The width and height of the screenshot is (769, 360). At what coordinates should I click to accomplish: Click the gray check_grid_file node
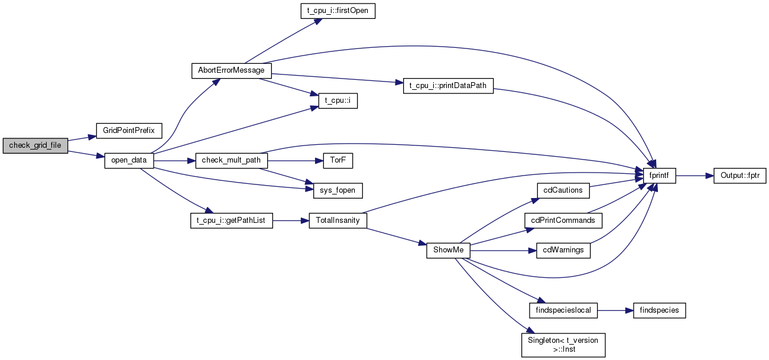(x=35, y=145)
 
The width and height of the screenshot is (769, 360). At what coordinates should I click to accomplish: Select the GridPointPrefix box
(x=129, y=131)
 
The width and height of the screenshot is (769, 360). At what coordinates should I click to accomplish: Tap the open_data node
(x=129, y=160)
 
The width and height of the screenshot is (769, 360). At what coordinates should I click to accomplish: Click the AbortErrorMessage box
(x=231, y=71)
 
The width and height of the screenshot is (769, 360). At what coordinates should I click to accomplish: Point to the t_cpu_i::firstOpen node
(x=338, y=11)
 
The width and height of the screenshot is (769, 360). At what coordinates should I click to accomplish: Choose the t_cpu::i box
(x=338, y=101)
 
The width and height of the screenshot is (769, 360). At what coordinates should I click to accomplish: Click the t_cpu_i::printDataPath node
(x=448, y=86)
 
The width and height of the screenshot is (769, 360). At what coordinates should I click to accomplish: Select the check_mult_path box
(x=231, y=160)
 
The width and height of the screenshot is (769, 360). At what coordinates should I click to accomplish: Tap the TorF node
(x=338, y=160)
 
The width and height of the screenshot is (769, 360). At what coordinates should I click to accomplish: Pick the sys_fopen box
(x=338, y=190)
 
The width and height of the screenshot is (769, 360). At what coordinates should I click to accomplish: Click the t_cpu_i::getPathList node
(x=231, y=220)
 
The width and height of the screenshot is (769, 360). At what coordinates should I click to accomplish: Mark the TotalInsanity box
(x=338, y=220)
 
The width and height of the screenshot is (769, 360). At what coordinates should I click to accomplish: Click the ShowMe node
(x=448, y=250)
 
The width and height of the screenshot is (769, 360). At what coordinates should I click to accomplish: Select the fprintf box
(x=659, y=176)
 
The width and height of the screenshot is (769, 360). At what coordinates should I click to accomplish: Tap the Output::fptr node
(x=739, y=176)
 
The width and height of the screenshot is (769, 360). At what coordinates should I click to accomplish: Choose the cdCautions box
(x=563, y=190)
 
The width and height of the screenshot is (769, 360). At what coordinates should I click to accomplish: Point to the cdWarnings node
(x=563, y=250)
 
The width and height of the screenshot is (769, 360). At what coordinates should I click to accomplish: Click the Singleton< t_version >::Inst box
(x=563, y=345)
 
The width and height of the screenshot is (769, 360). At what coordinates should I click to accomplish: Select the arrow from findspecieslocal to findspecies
(x=615, y=310)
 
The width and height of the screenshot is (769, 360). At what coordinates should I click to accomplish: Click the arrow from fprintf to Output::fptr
(x=695, y=176)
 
